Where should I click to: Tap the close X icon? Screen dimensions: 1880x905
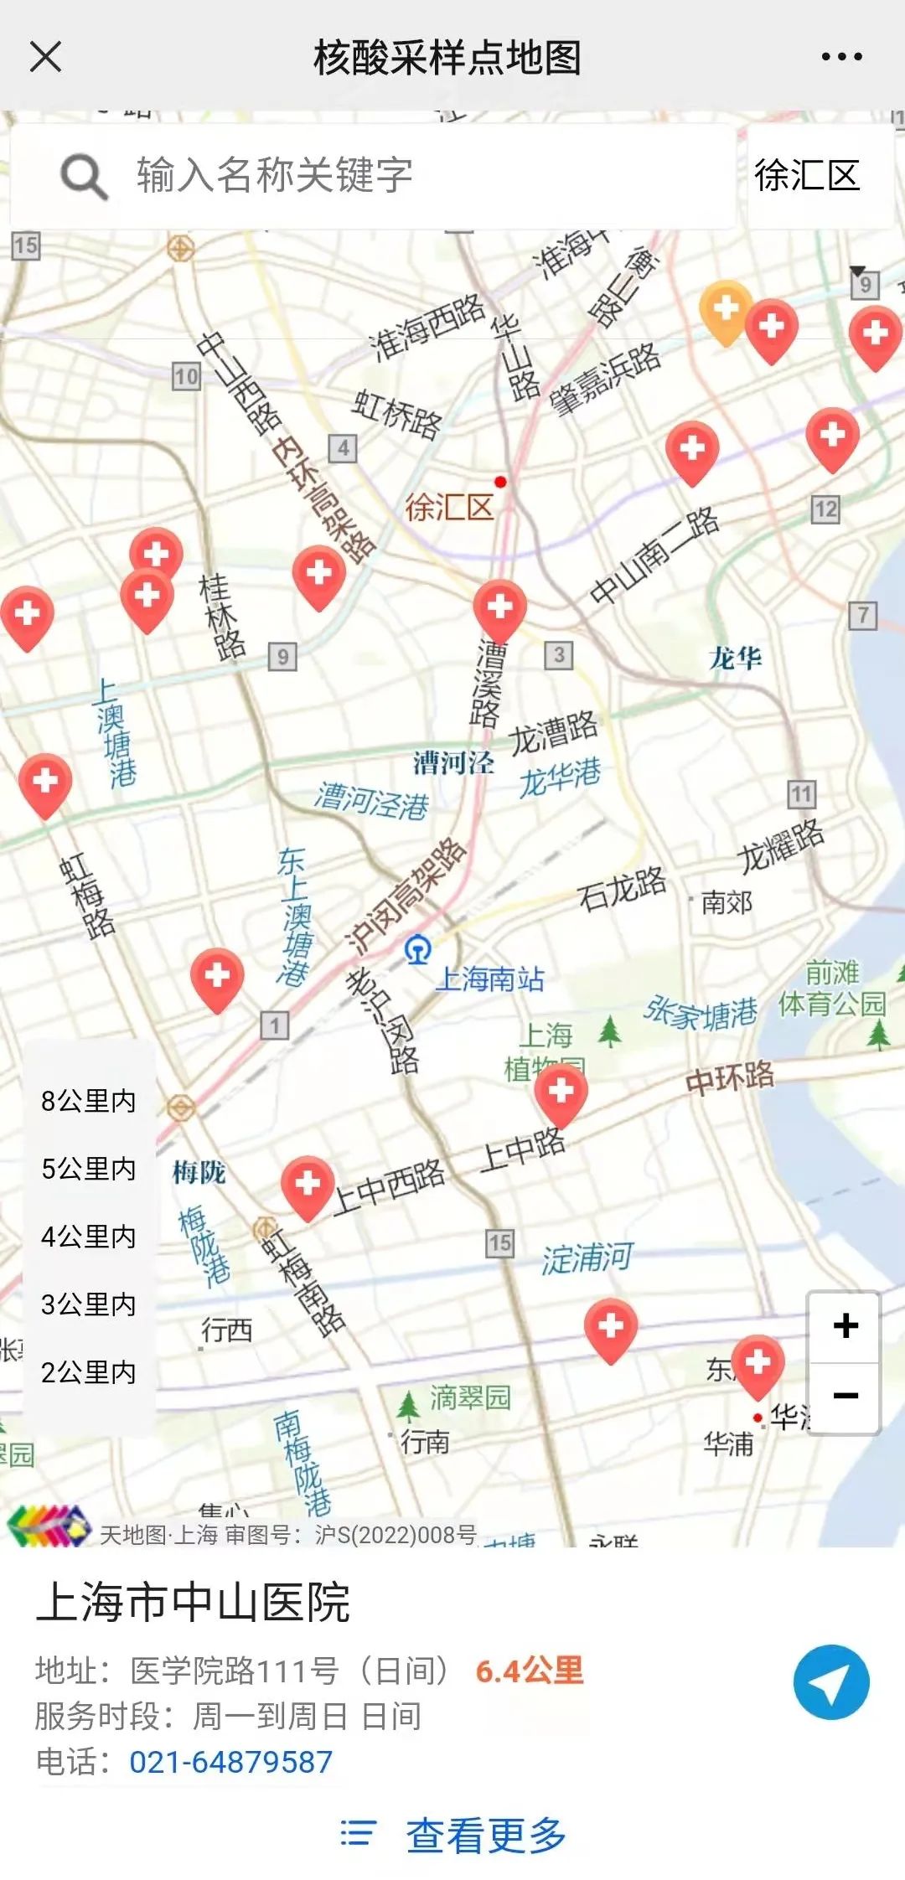[x=45, y=57]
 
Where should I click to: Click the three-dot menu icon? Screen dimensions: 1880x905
[x=841, y=57]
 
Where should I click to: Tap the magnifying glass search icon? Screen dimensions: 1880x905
[x=84, y=176]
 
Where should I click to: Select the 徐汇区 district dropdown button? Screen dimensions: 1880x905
[x=807, y=176]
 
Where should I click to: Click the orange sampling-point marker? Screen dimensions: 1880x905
[x=725, y=310]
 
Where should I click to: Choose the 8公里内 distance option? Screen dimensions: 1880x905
[x=88, y=1101]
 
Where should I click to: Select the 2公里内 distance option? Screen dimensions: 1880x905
[x=88, y=1372]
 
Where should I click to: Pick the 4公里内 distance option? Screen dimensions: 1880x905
[x=88, y=1237]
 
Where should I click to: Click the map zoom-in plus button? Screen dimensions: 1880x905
[x=845, y=1326]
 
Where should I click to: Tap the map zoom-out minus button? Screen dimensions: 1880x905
[x=845, y=1396]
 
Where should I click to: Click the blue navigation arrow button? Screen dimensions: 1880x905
[x=830, y=1682]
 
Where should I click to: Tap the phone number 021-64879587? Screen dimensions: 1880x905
[x=230, y=1762]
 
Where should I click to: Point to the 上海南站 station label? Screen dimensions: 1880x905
[x=489, y=979]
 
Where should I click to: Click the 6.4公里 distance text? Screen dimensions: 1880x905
[x=529, y=1671]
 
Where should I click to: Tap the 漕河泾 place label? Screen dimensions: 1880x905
[x=453, y=763]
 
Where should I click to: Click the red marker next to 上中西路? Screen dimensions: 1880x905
[x=308, y=1185]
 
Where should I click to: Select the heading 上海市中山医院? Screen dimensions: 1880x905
[x=193, y=1603]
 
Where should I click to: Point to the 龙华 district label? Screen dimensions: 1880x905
[x=736, y=659]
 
